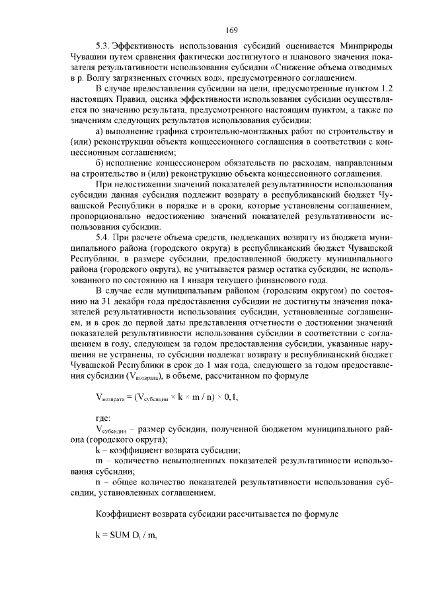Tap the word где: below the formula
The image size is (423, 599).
103,418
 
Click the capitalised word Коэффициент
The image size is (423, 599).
124,514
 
